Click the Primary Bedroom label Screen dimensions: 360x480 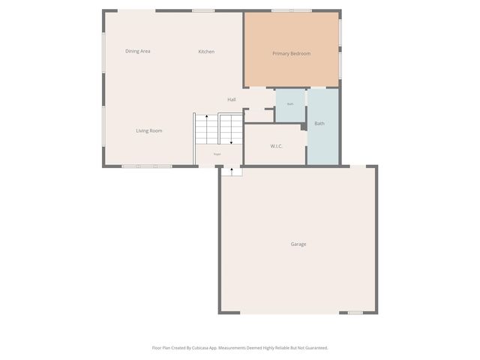pos(291,53)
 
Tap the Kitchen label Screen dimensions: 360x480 pos(206,52)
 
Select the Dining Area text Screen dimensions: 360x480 pos(138,51)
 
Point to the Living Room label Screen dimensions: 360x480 pos(149,130)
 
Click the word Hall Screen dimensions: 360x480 pos(232,100)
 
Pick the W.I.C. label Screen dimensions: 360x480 pos(276,146)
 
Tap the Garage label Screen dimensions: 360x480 pos(298,244)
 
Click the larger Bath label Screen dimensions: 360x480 pos(319,123)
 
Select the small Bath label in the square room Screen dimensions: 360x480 pos(290,104)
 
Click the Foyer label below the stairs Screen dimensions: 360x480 pos(217,154)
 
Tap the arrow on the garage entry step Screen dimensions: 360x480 pos(232,171)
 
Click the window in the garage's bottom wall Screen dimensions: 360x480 pos(355,313)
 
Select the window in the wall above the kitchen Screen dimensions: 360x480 pos(203,10)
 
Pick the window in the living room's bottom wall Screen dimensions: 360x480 pos(147,166)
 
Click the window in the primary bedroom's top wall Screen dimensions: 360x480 pos(291,10)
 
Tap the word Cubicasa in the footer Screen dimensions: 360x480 pos(200,348)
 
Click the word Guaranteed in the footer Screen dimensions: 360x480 pos(314,348)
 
